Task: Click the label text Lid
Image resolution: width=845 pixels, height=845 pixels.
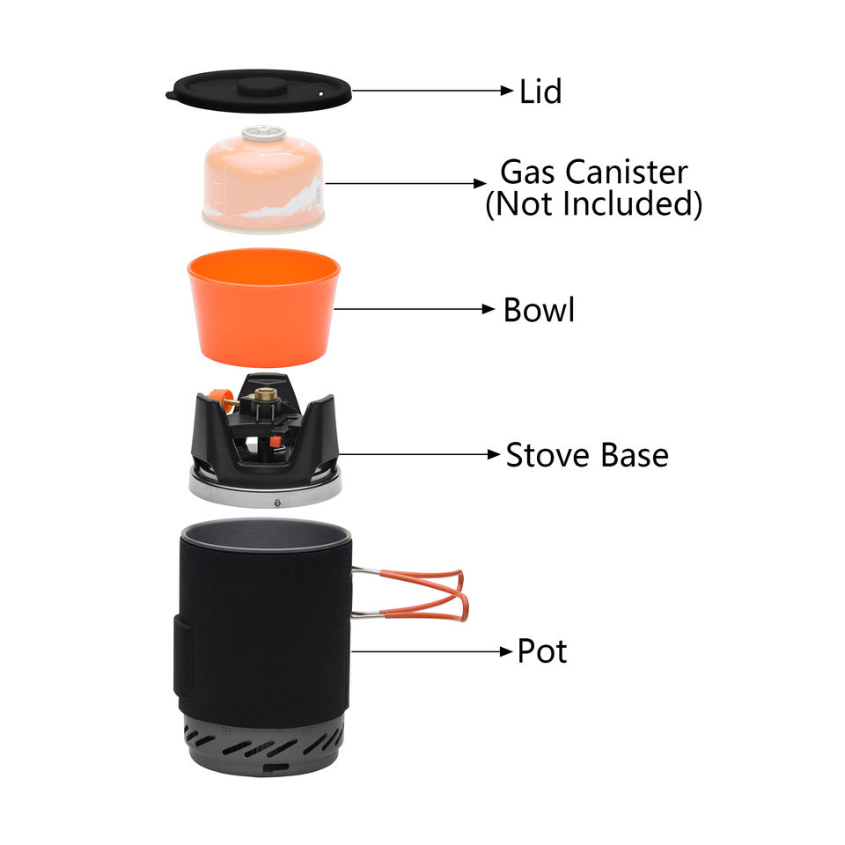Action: pos(540,91)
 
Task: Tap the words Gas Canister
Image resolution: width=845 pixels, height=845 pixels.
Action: pos(593,172)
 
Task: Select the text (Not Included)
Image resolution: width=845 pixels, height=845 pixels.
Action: pos(593,204)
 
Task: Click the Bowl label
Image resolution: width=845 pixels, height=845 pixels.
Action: pos(539,310)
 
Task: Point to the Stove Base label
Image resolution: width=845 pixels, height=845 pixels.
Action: pos(586,455)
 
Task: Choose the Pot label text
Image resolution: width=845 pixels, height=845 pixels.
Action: pos(541,651)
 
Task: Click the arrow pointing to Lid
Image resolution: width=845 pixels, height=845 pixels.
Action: pos(431,90)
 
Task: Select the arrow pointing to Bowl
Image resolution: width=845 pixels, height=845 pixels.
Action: pos(414,309)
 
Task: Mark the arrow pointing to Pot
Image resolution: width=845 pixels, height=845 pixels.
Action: pos(431,651)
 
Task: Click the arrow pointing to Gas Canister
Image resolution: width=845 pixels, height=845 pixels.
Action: pos(400,184)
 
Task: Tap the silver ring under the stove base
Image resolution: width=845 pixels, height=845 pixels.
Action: pos(264,493)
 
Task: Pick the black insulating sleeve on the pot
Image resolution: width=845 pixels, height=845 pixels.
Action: pos(264,625)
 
